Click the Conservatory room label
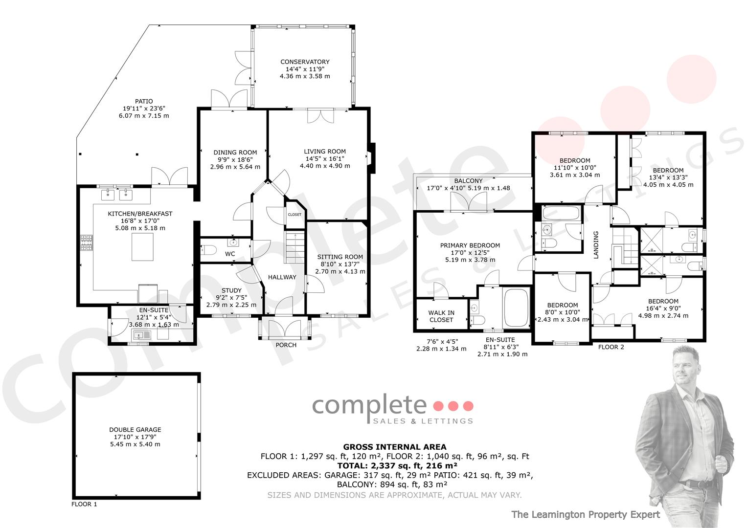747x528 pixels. coord(305,62)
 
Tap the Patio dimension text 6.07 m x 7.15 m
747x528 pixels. coord(144,116)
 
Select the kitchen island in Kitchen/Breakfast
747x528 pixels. coord(142,247)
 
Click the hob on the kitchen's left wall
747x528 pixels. coord(87,242)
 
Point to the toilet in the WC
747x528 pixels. coord(208,249)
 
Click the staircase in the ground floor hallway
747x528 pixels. coord(294,248)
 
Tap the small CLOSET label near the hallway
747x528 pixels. coord(294,215)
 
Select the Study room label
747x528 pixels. coord(231,290)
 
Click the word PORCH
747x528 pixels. coord(286,345)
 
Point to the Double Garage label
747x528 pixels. coord(135,430)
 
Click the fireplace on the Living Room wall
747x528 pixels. coord(371,158)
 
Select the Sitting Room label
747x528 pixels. coord(340,257)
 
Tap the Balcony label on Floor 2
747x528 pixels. coord(468,181)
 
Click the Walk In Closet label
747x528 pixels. coord(441,316)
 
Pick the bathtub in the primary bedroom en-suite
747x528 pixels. coord(516,308)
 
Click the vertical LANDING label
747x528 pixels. coord(596,245)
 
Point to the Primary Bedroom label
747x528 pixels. coord(470,245)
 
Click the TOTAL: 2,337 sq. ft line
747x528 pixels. coord(397,465)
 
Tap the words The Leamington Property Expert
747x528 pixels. coord(586,514)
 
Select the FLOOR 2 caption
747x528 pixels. coord(611,347)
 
